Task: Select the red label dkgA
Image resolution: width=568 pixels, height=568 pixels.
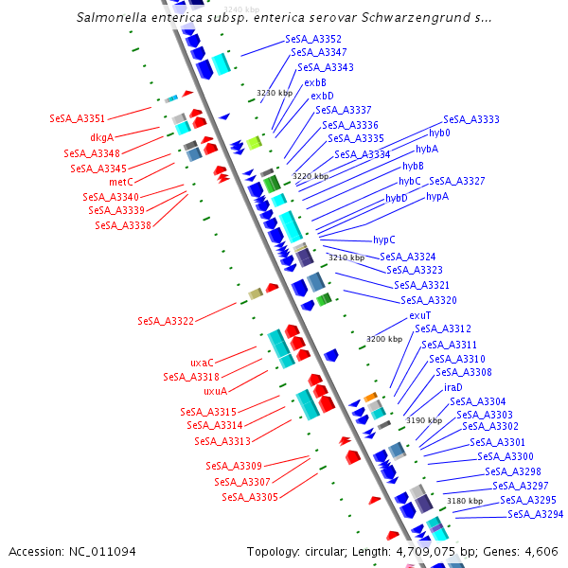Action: [101, 137]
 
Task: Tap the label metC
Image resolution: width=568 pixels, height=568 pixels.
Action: [120, 181]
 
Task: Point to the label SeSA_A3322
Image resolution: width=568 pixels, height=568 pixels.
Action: [166, 321]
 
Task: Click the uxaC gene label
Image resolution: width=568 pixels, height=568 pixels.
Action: [202, 362]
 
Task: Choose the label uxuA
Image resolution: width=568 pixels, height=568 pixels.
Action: [215, 390]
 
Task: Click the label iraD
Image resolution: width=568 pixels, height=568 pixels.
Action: [453, 387]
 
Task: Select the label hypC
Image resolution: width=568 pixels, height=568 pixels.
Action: [384, 240]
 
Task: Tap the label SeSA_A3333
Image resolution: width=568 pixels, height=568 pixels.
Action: [471, 119]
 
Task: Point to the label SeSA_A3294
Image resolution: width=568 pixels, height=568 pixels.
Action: [535, 514]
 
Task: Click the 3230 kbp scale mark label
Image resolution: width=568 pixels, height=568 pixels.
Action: [275, 93]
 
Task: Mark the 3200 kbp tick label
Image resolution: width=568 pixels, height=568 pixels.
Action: [384, 338]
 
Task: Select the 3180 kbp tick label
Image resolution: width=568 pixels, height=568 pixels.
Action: [465, 500]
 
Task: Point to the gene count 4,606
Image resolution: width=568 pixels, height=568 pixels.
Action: [542, 551]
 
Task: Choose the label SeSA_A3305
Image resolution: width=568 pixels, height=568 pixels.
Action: [250, 497]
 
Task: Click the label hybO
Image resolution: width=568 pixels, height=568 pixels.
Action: [439, 133]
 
